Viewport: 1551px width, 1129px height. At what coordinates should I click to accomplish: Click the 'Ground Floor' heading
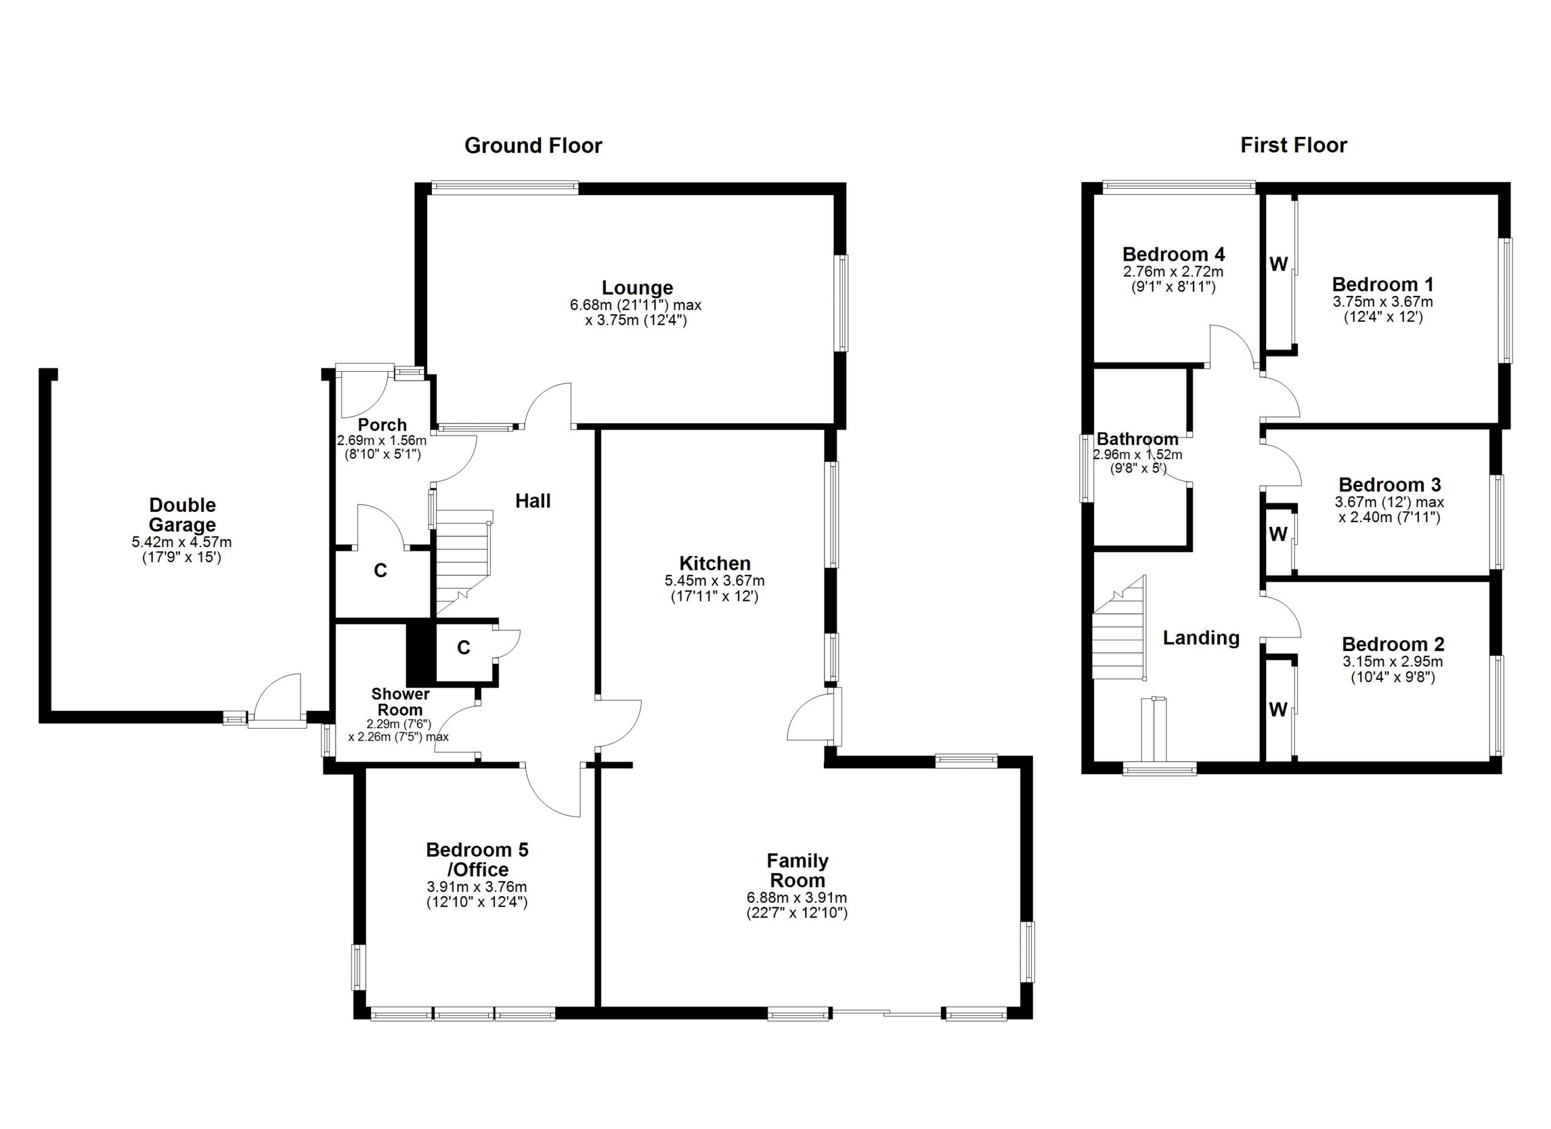click(x=533, y=146)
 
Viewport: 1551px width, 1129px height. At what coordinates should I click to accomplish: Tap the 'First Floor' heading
click(x=1293, y=145)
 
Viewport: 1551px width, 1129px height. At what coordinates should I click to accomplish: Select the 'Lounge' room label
click(x=637, y=287)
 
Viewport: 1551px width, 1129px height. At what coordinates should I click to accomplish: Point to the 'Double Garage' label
click(x=182, y=515)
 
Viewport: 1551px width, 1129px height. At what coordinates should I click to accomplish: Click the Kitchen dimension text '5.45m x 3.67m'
click(x=715, y=581)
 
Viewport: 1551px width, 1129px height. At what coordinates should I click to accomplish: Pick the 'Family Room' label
click(x=797, y=869)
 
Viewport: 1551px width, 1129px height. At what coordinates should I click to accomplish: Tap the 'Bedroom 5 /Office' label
click(x=477, y=859)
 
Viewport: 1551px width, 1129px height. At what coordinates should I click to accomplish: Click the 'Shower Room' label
click(x=400, y=702)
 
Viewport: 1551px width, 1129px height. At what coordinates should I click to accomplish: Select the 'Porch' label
click(x=382, y=425)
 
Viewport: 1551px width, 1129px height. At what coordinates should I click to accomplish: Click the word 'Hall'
click(x=533, y=501)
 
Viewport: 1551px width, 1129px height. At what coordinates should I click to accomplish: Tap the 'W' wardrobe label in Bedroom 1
click(x=1278, y=264)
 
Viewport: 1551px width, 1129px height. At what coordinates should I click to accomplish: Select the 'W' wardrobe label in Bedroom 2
click(x=1278, y=710)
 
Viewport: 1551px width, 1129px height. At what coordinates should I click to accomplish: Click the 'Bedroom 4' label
click(x=1173, y=255)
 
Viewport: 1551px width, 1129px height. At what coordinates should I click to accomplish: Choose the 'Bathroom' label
click(x=1137, y=439)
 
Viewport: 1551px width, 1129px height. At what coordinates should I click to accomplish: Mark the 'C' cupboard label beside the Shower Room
click(x=463, y=648)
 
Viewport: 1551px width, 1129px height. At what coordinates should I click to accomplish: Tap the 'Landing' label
click(x=1201, y=638)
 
